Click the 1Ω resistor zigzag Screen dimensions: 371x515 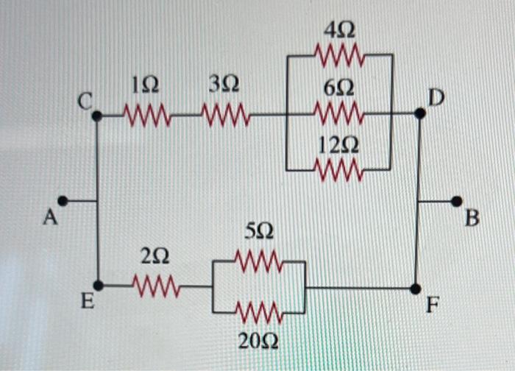pos(146,116)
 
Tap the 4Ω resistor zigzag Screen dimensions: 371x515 pos(339,54)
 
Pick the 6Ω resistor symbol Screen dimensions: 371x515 pos(339,114)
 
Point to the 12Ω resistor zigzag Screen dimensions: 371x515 pos(339,170)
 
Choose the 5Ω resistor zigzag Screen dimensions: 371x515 pos(259,261)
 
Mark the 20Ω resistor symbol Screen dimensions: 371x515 pos(259,313)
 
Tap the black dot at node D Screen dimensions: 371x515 pos(420,113)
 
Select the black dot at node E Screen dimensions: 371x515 pos(99,285)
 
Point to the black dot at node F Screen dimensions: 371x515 pos(416,288)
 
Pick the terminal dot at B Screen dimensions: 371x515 pos(457,200)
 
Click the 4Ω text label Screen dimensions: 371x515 pos(339,30)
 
